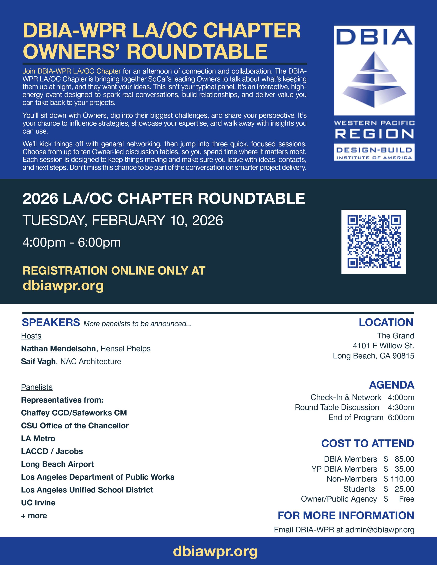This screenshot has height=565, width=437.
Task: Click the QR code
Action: [x=373, y=242]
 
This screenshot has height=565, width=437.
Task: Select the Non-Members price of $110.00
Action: [x=399, y=479]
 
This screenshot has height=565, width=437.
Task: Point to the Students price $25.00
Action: [x=399, y=489]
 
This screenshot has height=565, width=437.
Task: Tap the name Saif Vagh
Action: [x=38, y=361]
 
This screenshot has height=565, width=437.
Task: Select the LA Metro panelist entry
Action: [x=38, y=438]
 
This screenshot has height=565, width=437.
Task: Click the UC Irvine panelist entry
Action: [x=38, y=503]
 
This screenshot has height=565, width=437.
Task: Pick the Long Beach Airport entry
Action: [x=57, y=464]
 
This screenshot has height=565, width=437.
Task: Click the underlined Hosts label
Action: [x=31, y=336]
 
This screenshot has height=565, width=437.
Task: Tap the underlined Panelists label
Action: [x=37, y=387]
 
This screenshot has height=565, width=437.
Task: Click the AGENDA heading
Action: [x=391, y=385]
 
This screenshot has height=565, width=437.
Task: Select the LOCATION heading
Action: [x=386, y=322]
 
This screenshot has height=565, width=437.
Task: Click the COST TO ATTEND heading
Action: [x=367, y=443]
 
